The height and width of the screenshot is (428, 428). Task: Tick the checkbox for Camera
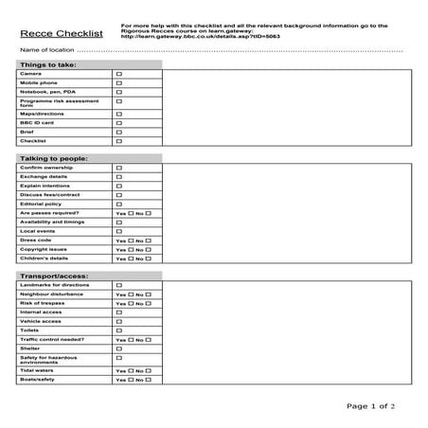tap(119, 73)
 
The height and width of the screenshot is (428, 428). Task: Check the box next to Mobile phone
tap(119, 82)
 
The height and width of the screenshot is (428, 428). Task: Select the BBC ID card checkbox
tap(119, 122)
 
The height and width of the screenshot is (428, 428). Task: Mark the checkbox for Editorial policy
tap(119, 204)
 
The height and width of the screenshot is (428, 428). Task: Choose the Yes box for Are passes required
tap(131, 213)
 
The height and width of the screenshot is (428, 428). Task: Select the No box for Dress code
tap(148, 241)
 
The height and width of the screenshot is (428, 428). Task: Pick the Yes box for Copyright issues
tap(131, 249)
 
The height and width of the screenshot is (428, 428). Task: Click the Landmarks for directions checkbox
tap(119, 285)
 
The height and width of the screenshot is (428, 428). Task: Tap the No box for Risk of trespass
tap(148, 303)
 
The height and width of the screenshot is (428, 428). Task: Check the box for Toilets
tap(119, 330)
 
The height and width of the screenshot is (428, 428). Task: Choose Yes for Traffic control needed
tap(131, 339)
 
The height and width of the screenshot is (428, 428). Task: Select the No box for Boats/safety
tap(148, 380)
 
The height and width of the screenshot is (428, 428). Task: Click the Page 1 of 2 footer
tap(370, 406)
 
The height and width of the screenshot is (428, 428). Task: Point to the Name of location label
tap(45, 49)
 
